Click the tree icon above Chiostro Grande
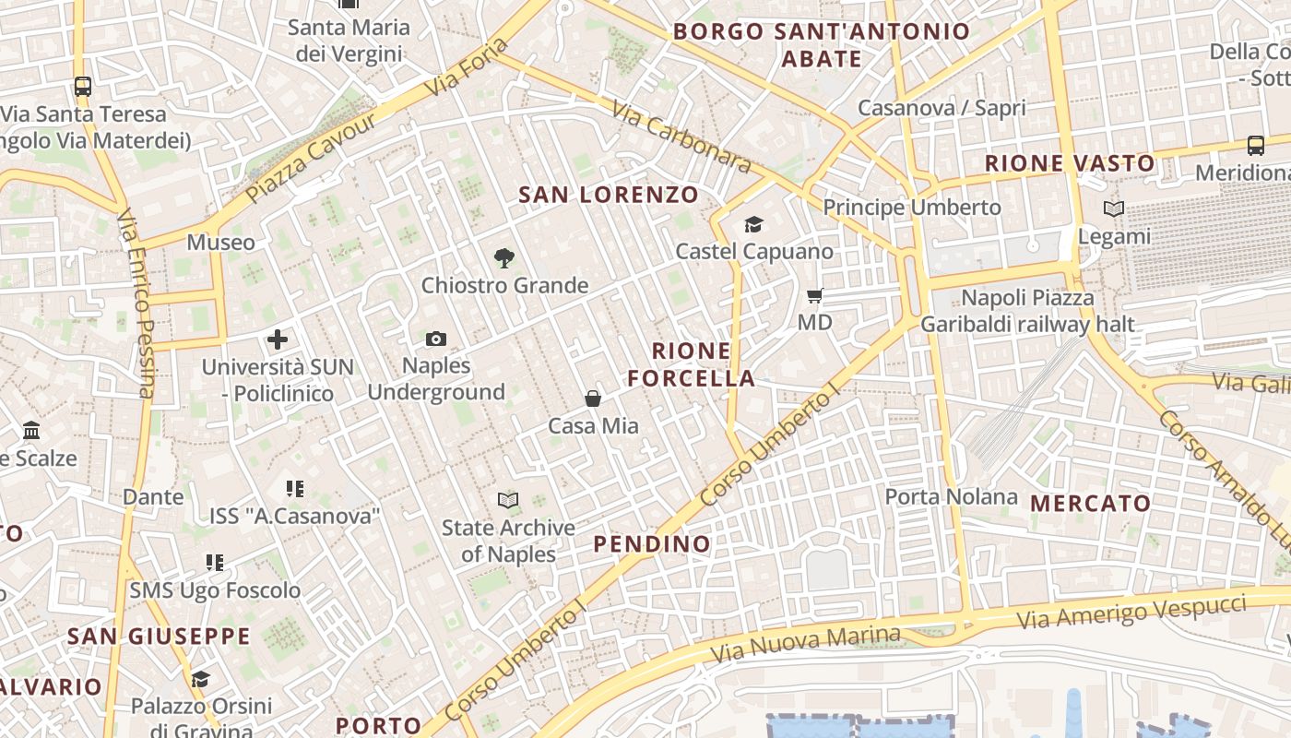pos(503,258)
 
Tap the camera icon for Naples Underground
pos(436,339)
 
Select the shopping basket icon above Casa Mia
pos(593,399)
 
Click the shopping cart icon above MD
pos(814,296)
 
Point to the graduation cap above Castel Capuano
pos(753,224)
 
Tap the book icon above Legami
pos(1114,209)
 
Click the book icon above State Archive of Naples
pos(508,500)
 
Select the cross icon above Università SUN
pos(278,339)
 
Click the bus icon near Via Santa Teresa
pos(83,87)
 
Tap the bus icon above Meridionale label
pos(1256,145)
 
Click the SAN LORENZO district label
pos(609,195)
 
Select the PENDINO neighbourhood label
pos(652,544)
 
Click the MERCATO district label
pos(1091,504)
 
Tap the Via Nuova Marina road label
pos(805,645)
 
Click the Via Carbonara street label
pos(681,137)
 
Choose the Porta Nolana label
pos(951,497)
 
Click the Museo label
pos(220,243)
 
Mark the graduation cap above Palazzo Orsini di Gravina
pos(200,680)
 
